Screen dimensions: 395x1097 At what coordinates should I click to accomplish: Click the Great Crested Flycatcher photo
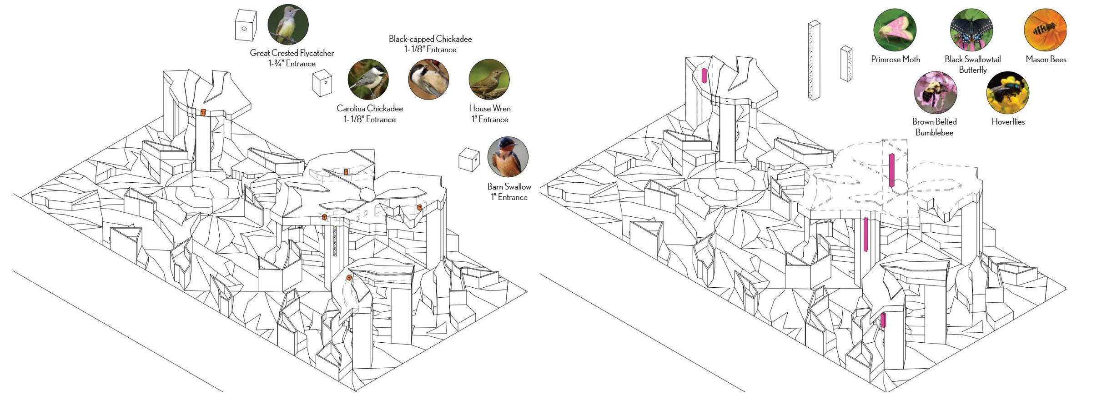coord(288,25)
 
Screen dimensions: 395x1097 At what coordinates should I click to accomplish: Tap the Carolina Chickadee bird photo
coord(368,80)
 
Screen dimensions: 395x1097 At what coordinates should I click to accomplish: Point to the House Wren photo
coord(489,80)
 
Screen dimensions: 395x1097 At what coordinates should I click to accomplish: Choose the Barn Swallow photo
coord(508,157)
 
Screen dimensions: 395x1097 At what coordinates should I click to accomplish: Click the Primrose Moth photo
coord(895,30)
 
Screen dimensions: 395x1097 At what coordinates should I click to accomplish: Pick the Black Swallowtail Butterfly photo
coord(971,30)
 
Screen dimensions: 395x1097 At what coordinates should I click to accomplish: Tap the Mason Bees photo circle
coord(1045,30)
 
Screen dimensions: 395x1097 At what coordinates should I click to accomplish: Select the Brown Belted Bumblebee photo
coord(935,92)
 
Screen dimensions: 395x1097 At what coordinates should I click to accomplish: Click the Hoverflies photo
coord(1007,92)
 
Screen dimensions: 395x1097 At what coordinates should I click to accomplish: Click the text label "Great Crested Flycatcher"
coord(292,53)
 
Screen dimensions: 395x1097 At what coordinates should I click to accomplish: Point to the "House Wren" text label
coord(490,109)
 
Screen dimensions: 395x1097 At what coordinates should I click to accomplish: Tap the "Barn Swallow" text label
coord(509,186)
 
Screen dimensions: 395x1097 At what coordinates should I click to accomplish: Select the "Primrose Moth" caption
coord(895,59)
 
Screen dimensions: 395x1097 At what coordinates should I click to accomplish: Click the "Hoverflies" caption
coord(1008,122)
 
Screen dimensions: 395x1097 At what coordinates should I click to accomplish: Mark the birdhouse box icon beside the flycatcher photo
coord(246,25)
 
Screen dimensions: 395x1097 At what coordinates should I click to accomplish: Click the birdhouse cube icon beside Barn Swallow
coord(469,159)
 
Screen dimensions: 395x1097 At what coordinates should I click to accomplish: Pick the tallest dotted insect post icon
coord(814,60)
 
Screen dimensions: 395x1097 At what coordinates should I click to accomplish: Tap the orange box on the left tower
coord(203,112)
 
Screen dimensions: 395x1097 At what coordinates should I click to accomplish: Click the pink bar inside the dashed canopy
coord(891,170)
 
